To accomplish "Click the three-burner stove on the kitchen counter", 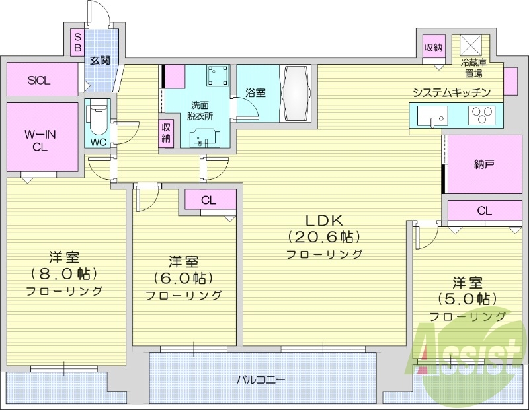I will click(482, 116).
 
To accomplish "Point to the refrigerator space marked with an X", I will click(473, 46).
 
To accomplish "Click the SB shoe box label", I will click(77, 44).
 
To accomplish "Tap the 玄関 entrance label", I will click(100, 61).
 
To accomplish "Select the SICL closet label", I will click(39, 81).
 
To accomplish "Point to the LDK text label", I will click(324, 221).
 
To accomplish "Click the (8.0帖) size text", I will click(64, 273).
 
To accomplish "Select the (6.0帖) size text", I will click(183, 278).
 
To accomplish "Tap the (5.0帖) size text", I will click(468, 299).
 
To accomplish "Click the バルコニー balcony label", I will click(261, 380).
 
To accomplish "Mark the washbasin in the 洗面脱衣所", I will click(204, 137).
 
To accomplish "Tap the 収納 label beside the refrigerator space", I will click(434, 48).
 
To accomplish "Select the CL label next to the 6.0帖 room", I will click(208, 199).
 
